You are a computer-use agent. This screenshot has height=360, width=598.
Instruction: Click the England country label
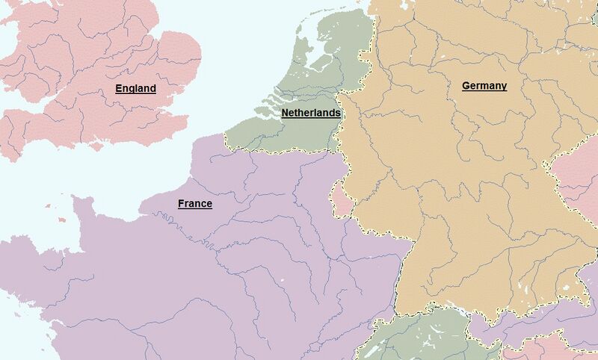(x=135, y=88)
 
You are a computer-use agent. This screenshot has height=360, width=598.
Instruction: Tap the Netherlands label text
(x=311, y=113)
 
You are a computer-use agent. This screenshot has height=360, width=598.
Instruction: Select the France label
(x=194, y=203)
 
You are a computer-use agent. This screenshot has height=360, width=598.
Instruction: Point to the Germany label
(x=484, y=85)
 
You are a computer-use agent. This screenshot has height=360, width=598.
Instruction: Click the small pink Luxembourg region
(x=341, y=198)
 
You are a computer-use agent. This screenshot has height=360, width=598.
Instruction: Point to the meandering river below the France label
(x=168, y=222)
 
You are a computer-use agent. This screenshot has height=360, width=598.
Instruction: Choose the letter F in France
(x=181, y=203)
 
